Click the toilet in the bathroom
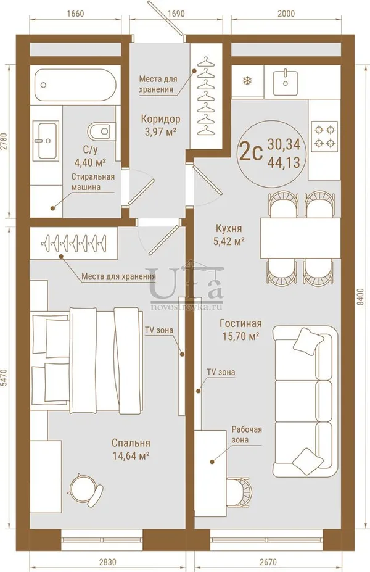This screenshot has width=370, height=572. (x=99, y=131)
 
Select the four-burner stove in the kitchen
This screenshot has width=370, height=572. (x=324, y=136)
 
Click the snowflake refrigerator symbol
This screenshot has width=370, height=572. (x=247, y=81)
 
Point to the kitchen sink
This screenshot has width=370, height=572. (x=285, y=81)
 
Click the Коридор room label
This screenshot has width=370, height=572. (x=160, y=119)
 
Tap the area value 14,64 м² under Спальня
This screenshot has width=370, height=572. (x=131, y=455)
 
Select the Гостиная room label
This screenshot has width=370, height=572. (x=240, y=323)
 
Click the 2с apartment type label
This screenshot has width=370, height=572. (x=251, y=153)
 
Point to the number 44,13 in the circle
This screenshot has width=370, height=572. (x=284, y=162)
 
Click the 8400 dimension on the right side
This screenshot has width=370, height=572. (x=360, y=297)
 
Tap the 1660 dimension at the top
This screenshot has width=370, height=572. (x=75, y=14)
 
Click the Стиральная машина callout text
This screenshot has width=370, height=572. (x=93, y=181)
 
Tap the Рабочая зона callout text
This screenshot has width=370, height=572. (x=247, y=434)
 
